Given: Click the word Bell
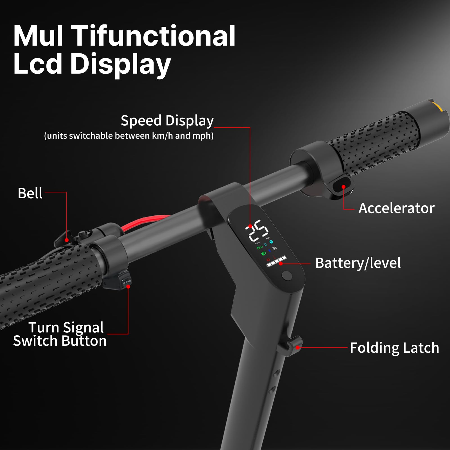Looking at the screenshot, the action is (30, 193).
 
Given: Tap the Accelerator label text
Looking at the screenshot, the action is (397, 208).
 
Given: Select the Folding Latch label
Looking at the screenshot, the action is (394, 348).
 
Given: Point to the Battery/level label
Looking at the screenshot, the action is (358, 263).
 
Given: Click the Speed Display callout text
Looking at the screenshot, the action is (167, 121).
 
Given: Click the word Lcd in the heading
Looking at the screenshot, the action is (38, 64).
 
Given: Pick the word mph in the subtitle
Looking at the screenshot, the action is (201, 136).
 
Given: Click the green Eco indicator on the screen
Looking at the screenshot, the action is (260, 247).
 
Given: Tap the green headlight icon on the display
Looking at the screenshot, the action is (264, 254).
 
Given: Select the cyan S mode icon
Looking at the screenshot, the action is (271, 242).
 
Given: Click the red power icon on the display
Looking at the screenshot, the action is (268, 260).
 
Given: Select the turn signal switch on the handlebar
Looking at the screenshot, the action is (125, 281).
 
